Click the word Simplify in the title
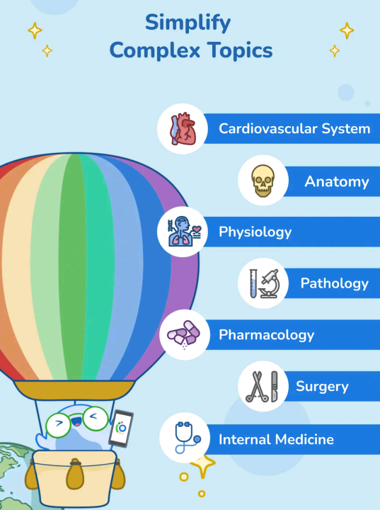tap(188, 23)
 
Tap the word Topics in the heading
tap(240, 50)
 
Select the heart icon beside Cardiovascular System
tap(183, 129)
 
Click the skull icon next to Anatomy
tap(263, 181)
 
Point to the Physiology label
tap(255, 232)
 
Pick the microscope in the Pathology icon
tap(270, 283)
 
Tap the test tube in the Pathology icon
tap(253, 283)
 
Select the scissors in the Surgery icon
tap(257, 387)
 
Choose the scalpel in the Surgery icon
tap(275, 387)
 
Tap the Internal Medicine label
tap(276, 439)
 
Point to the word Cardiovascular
tap(268, 128)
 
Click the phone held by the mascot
tap(121, 428)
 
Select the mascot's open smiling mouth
tap(76, 422)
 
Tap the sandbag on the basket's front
tap(75, 474)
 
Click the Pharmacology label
tap(267, 335)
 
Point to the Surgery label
tap(322, 387)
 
